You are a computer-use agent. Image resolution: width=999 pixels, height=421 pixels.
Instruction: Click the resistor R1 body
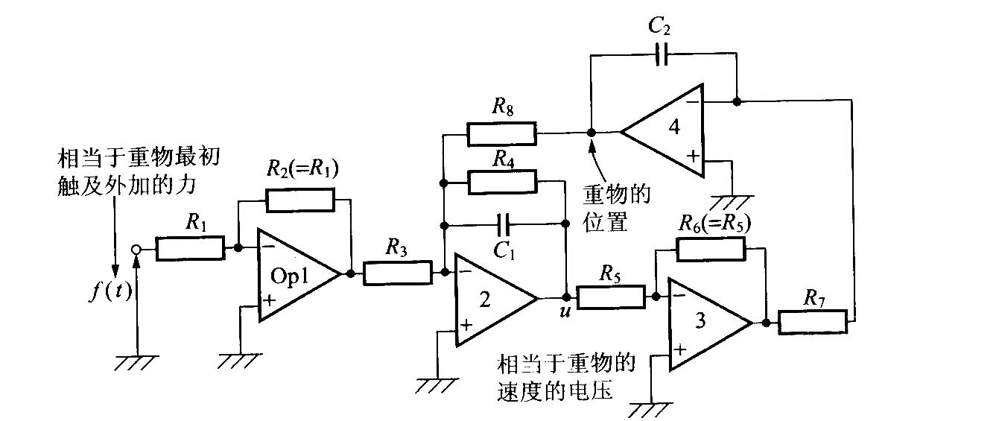coord(190,248)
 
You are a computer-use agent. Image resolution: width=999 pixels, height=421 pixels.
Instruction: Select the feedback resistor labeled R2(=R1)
coord(300,200)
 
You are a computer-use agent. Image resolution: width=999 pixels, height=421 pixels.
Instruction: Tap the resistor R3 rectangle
coord(398,273)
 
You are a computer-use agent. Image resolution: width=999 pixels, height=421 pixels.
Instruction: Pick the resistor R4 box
coord(502,182)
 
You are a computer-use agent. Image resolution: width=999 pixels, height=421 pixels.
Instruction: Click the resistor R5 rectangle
coord(611,297)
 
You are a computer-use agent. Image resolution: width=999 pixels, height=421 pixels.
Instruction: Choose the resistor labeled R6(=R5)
coord(711,249)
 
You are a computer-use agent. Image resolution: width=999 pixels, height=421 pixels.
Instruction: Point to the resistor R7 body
coord(813,322)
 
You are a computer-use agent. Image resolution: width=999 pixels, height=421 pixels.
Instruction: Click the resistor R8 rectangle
coord(501,133)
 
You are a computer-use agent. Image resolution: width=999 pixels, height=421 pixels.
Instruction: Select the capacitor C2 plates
coord(663,54)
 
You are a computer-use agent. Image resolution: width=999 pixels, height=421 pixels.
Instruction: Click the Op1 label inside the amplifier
coord(290,276)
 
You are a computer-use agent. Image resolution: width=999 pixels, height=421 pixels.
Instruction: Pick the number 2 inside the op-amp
coord(485,300)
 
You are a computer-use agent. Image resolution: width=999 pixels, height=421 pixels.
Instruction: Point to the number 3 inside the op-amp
coord(700,320)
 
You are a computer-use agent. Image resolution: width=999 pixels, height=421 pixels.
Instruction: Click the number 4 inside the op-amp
coord(674,127)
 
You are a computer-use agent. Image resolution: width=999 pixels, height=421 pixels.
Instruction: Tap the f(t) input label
coord(111,291)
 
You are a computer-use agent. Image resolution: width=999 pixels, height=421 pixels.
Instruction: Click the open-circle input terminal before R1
coord(136,250)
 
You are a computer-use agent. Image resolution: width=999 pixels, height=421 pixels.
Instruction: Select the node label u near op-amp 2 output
coord(565,311)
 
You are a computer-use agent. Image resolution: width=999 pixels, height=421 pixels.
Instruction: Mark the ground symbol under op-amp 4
coord(732,202)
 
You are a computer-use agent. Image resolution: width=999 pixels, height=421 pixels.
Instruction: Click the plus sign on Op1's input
coord(269,300)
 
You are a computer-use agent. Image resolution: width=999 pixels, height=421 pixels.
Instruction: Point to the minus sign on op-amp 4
coord(693,102)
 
